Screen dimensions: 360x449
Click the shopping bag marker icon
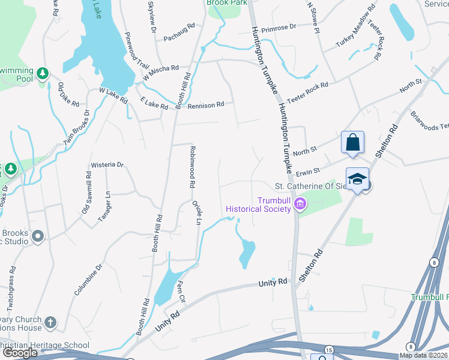tap(352, 143)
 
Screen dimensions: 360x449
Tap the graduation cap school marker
tap(357, 179)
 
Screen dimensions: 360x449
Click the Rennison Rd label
tap(205, 105)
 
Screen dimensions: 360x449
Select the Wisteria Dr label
tap(107, 164)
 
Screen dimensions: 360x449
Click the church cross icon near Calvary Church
tap(50, 323)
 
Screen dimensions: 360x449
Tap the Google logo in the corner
tap(20, 353)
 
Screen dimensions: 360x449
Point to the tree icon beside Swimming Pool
tap(43, 73)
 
